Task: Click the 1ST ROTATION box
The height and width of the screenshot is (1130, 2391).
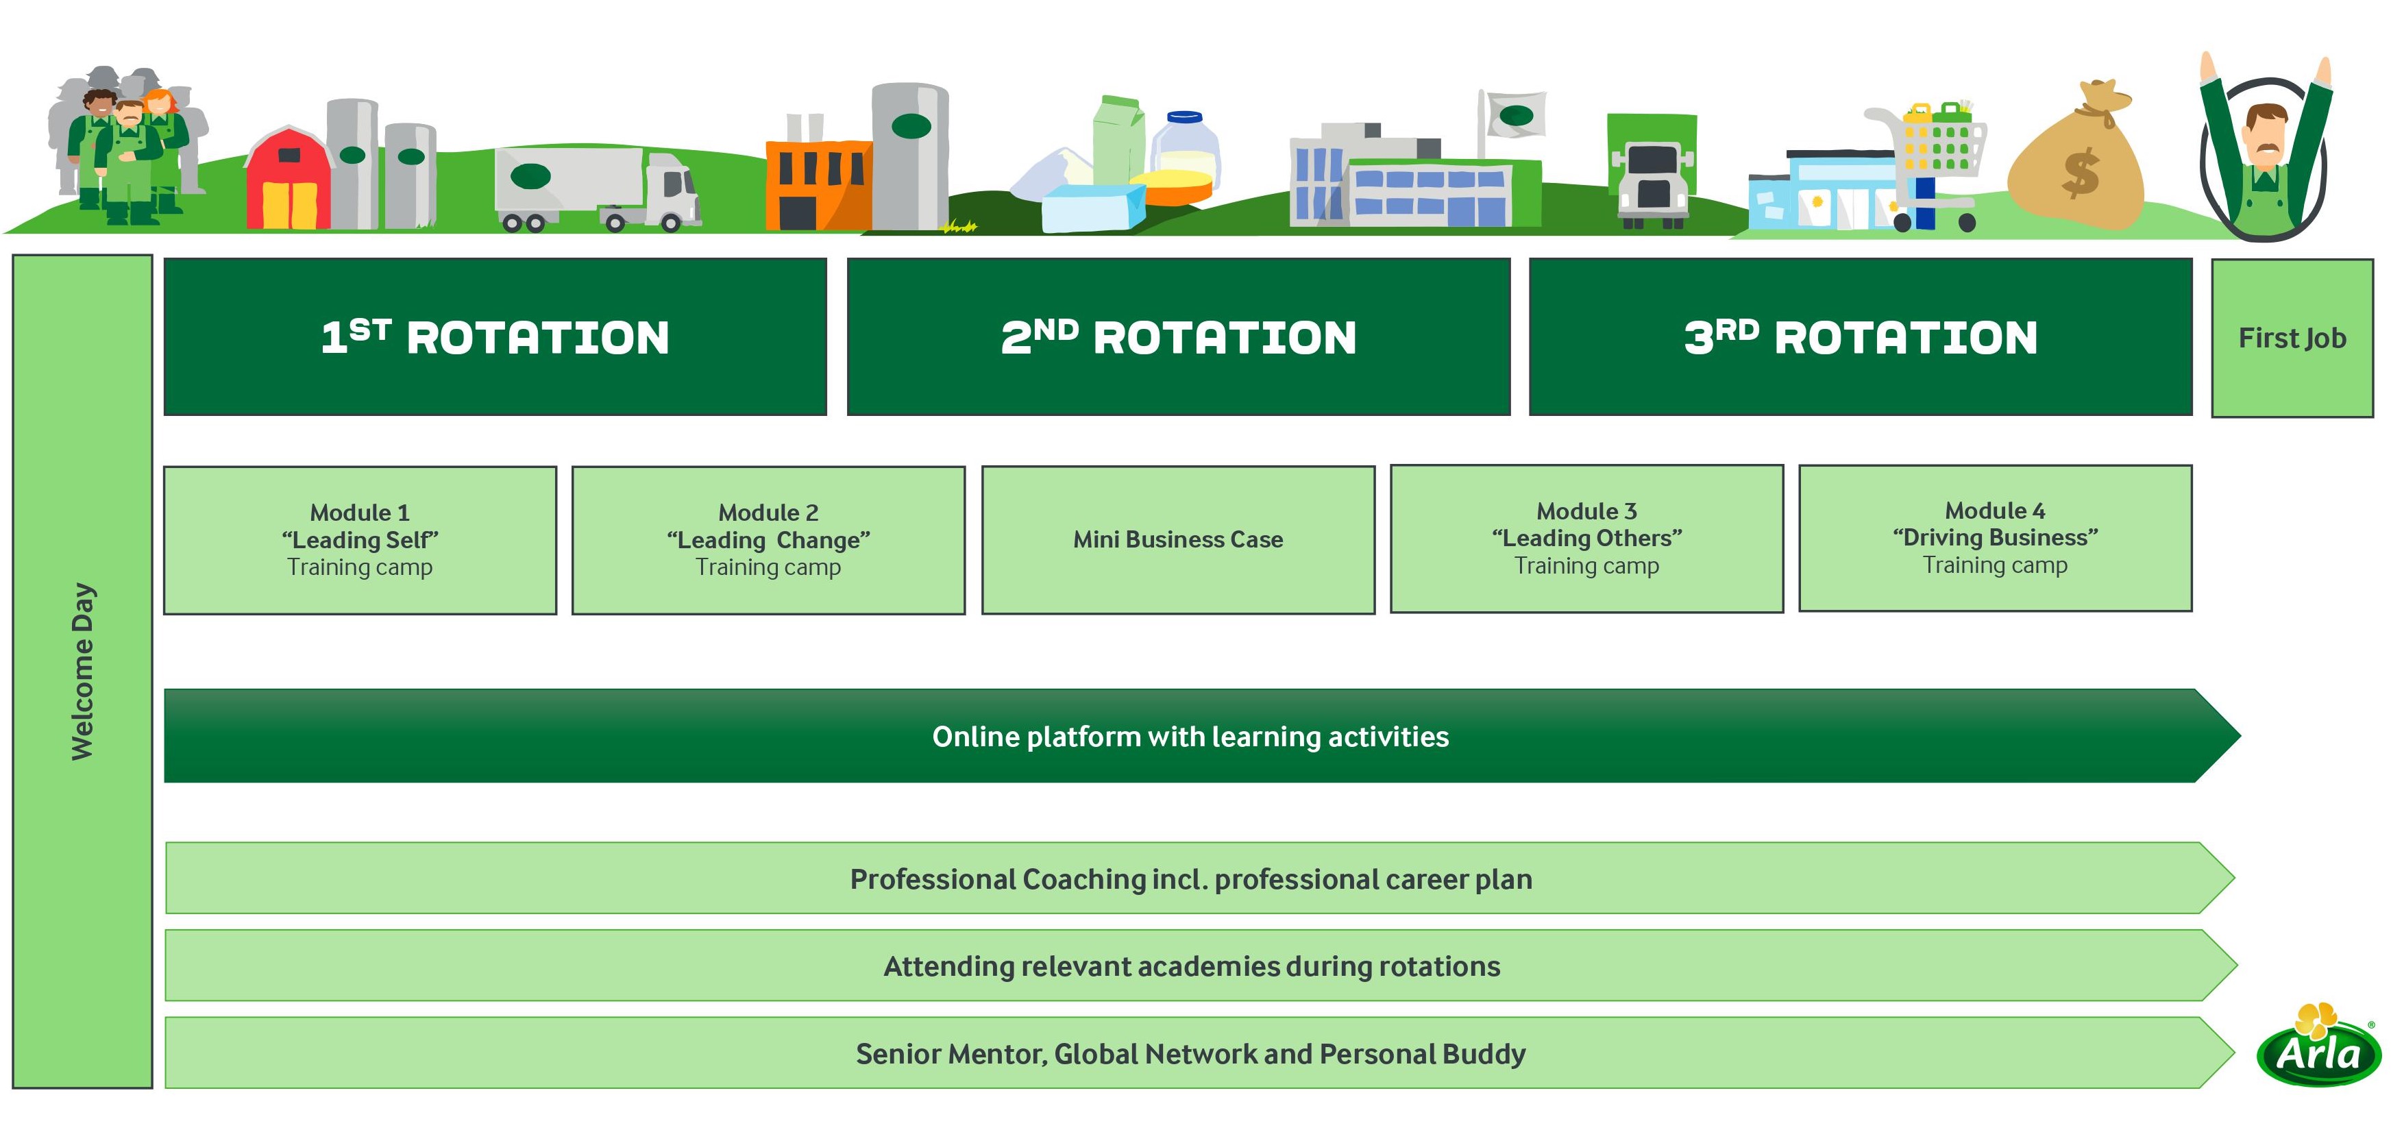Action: [x=495, y=336]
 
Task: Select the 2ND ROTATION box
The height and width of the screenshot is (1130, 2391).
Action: [x=1178, y=336]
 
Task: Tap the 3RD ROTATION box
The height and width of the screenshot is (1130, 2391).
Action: [x=1860, y=336]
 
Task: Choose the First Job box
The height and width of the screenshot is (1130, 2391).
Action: [x=2292, y=338]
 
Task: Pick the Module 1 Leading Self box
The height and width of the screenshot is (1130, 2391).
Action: [x=360, y=539]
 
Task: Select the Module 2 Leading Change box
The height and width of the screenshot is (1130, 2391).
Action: [x=768, y=539]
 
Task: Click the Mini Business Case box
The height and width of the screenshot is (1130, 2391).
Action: [x=1178, y=539]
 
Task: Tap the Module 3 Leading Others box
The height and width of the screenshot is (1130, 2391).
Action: [x=1586, y=539]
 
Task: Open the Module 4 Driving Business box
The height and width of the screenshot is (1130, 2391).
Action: [x=1995, y=538]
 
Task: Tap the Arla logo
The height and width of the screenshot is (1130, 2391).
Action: [x=2318, y=1049]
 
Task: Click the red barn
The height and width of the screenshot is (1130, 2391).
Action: [x=289, y=180]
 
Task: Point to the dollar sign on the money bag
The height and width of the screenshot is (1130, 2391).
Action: [x=2080, y=173]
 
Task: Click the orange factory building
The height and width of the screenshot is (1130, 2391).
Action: [x=817, y=183]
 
